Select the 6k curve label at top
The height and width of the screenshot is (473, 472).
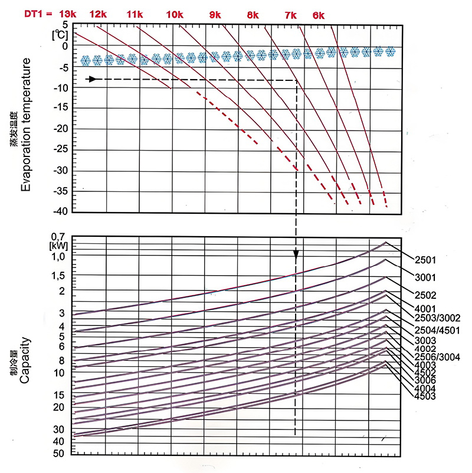pyautogui.click(x=319, y=15)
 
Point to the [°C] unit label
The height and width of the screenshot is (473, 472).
pyautogui.click(x=60, y=34)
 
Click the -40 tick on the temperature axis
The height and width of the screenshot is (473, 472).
pyautogui.click(x=61, y=211)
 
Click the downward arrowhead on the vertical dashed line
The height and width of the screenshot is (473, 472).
pyautogui.click(x=296, y=255)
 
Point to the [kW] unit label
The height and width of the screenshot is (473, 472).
pyautogui.click(x=60, y=246)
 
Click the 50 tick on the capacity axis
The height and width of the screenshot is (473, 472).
pyautogui.click(x=60, y=454)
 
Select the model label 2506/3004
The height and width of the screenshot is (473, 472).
pyautogui.click(x=438, y=357)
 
